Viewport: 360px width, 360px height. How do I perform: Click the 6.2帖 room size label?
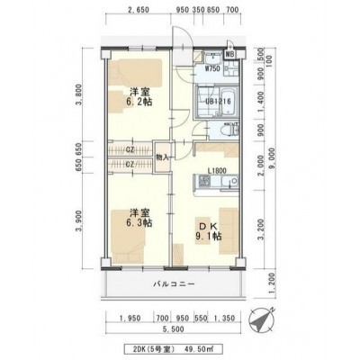click(x=139, y=102)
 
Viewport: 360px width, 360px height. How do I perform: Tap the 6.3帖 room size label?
click(x=139, y=222)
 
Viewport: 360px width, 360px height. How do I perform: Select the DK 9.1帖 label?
click(x=209, y=231)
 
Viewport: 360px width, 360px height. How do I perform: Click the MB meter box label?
click(x=230, y=54)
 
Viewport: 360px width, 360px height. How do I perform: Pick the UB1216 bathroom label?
click(x=218, y=102)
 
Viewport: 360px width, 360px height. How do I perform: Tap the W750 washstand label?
click(x=212, y=68)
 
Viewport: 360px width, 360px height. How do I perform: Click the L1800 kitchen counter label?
click(x=217, y=171)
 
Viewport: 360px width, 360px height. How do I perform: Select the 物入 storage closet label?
click(x=162, y=157)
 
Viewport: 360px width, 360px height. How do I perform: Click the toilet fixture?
click(x=230, y=130)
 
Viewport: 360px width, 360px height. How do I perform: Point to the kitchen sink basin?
click(x=230, y=181)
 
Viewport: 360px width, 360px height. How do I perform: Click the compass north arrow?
click(x=260, y=319)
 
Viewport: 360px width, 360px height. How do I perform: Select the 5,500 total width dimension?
click(x=174, y=329)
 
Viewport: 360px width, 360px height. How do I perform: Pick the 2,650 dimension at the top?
click(x=139, y=10)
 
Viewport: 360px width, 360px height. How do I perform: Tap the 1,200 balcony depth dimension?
click(x=272, y=284)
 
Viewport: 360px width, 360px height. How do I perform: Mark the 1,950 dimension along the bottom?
click(x=130, y=318)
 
